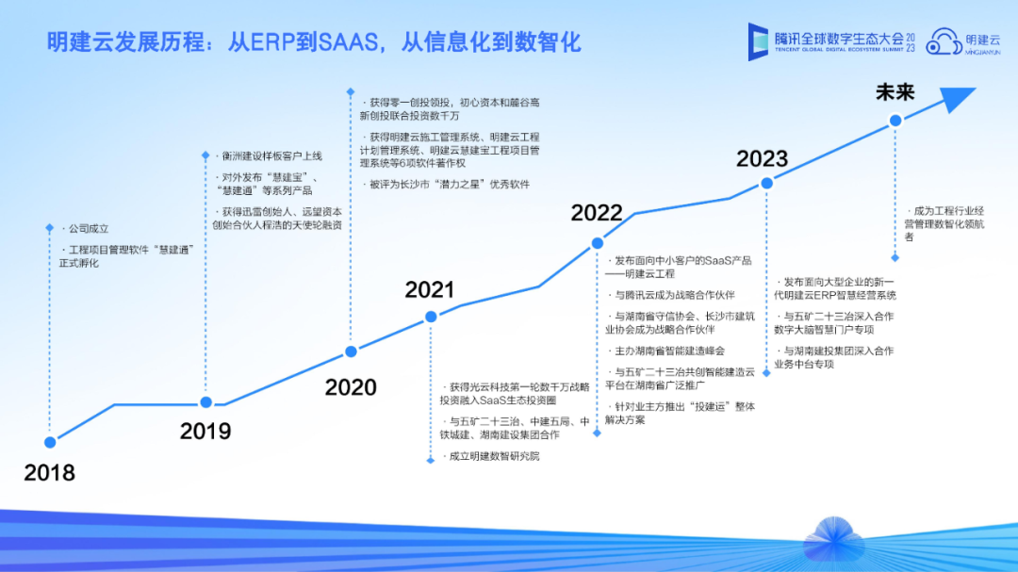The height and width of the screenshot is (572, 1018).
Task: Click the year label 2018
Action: [49, 473]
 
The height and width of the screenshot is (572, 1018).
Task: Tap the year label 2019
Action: [205, 431]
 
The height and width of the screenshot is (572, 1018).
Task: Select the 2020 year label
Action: [351, 387]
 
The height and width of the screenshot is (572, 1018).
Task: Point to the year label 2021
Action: [430, 289]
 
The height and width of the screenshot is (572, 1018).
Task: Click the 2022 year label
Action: [597, 212]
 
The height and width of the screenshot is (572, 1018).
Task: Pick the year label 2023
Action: [763, 158]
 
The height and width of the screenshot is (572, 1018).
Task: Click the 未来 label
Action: [895, 92]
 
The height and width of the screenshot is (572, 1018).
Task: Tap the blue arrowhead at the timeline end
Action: [957, 99]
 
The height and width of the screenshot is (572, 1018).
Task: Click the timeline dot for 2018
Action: [50, 442]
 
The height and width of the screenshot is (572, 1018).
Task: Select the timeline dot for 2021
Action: [431, 317]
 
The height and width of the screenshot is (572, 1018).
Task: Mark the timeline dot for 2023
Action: [766, 183]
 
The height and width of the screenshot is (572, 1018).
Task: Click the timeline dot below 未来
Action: [895, 120]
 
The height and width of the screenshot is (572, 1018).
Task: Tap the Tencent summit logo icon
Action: [758, 41]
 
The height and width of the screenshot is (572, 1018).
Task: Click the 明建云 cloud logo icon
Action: [944, 41]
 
